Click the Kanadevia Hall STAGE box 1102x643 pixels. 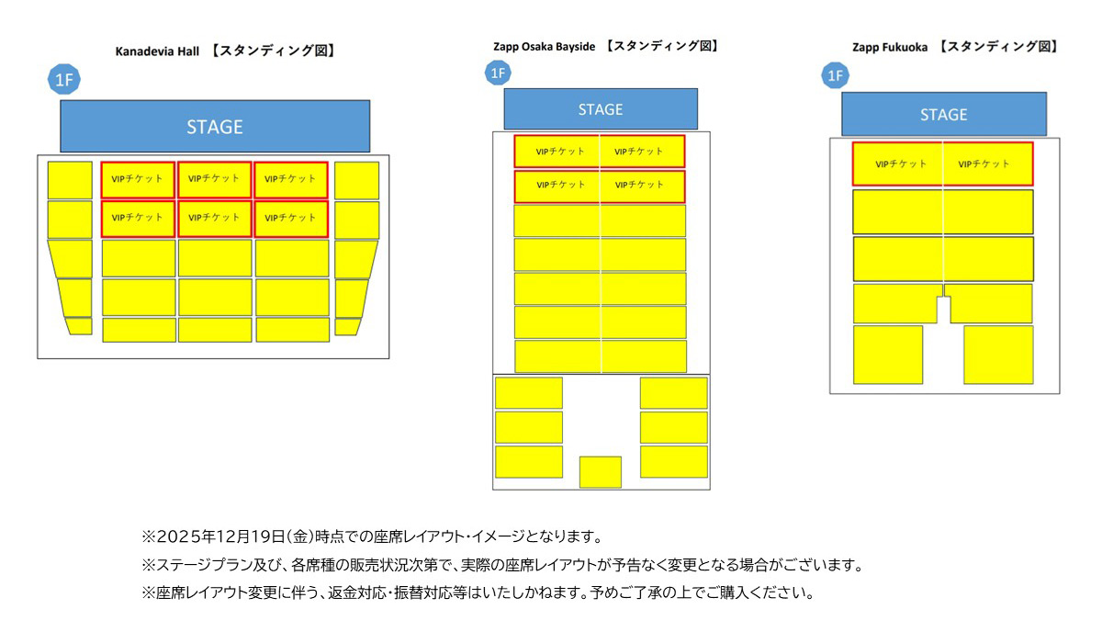point(215,126)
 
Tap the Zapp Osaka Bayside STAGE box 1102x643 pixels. point(600,109)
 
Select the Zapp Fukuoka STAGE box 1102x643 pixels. point(943,115)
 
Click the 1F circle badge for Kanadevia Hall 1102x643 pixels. point(63,81)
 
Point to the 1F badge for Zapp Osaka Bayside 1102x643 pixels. point(497,73)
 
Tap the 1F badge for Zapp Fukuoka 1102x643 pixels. point(835,75)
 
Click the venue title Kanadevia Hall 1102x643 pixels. point(157,51)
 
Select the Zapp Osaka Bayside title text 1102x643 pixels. point(545,46)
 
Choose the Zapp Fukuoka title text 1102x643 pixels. point(890,46)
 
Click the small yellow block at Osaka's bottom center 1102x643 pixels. point(600,471)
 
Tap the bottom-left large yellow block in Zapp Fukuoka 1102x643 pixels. point(887,355)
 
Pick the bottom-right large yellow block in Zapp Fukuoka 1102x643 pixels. point(997,355)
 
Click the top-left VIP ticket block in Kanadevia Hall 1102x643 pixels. point(138,179)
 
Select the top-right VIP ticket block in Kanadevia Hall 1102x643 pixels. point(291,179)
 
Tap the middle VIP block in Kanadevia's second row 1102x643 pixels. point(214,219)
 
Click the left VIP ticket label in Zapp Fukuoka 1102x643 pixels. point(900,164)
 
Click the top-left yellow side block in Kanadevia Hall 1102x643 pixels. point(70,180)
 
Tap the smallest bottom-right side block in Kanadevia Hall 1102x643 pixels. point(347,326)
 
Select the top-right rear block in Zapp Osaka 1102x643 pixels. point(673,393)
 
